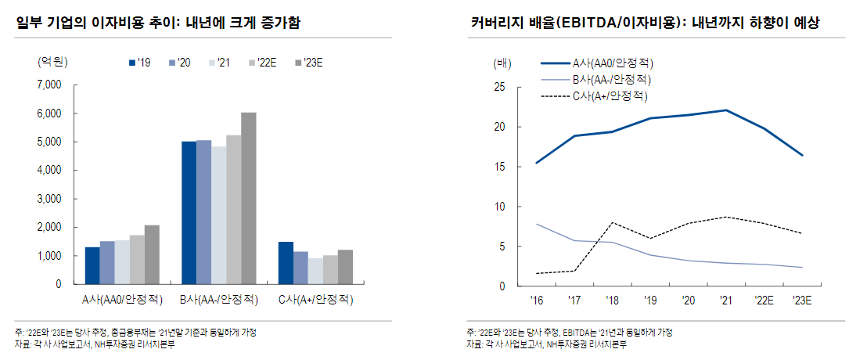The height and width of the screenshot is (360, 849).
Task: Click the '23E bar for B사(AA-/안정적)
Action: tap(248, 198)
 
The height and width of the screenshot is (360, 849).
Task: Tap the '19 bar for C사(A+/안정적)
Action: tap(286, 263)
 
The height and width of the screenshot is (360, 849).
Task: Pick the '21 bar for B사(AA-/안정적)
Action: tap(218, 215)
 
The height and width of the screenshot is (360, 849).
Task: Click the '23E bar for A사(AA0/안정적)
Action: tap(152, 254)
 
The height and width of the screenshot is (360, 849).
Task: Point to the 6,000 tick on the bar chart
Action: tap(49, 113)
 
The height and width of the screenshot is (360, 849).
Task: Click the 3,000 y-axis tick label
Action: tap(49, 199)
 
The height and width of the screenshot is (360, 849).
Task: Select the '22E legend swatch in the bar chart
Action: tap(251, 63)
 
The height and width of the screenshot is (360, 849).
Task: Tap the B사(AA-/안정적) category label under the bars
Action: tap(218, 300)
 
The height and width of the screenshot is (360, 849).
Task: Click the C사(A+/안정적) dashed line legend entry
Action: tap(595, 96)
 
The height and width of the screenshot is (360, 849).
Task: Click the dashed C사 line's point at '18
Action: tap(610, 222)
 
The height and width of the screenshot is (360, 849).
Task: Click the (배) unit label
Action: tap(502, 63)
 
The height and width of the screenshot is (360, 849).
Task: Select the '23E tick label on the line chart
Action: tap(800, 300)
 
